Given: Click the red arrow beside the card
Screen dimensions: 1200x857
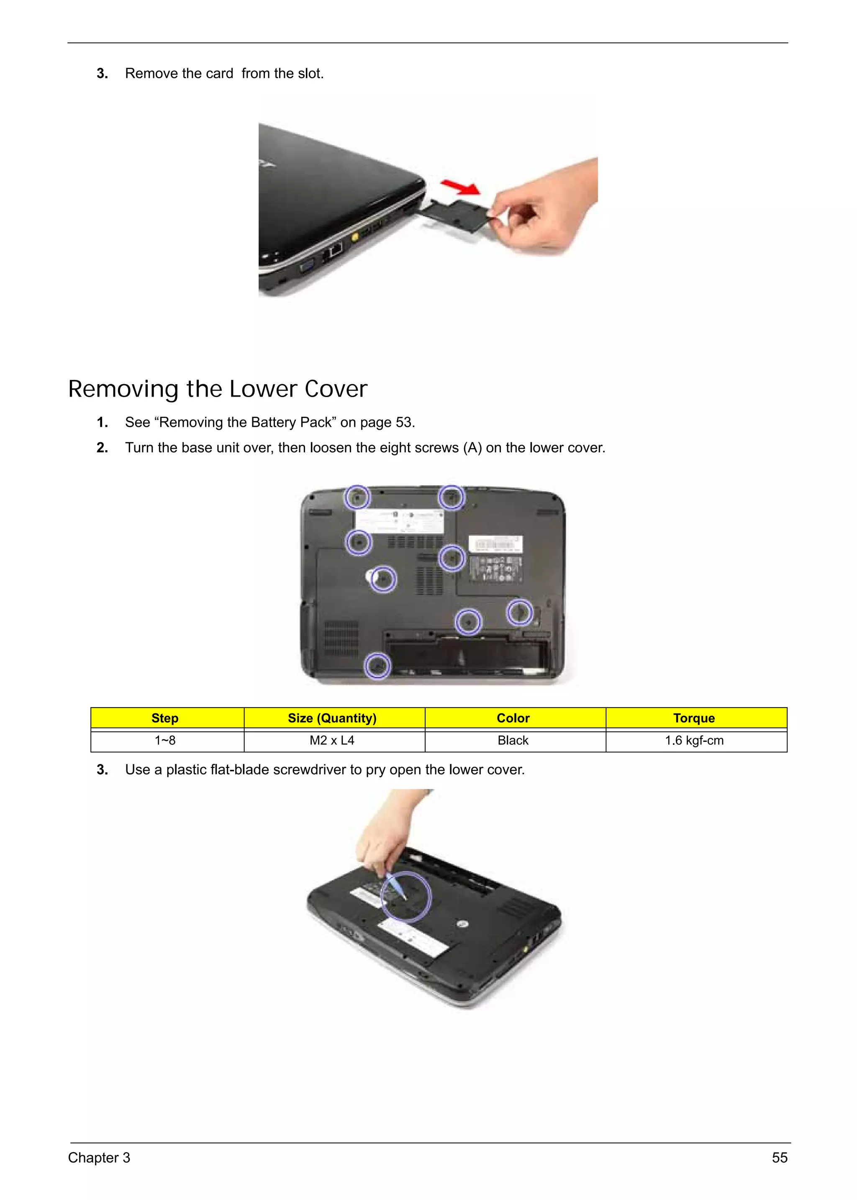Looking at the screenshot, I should point(460,186).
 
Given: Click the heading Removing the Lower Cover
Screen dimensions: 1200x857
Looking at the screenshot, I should point(218,390).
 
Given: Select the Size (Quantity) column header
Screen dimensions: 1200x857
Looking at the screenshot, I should point(332,718).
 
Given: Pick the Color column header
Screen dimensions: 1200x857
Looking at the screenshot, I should point(513,718).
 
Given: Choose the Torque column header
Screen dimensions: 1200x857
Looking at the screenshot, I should point(693,718).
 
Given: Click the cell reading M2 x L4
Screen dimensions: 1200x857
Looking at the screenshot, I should point(332,740).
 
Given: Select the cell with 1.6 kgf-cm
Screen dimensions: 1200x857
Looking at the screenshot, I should point(693,740).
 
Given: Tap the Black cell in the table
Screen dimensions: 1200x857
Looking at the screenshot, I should point(513,740).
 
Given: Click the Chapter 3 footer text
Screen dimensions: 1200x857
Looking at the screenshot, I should point(99,1158).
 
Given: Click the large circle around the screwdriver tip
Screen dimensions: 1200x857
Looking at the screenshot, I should point(406,897).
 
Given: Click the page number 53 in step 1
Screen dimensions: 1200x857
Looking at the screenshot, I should point(404,423).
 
